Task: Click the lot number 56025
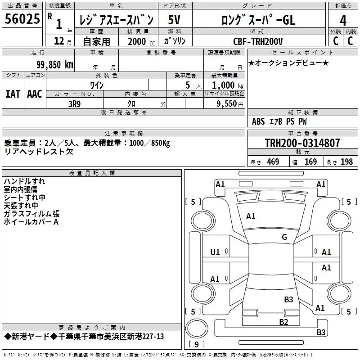22,19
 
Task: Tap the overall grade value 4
343,21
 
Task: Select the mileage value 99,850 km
54,65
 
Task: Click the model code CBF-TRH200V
258,41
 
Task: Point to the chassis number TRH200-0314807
302,143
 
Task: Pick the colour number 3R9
75,104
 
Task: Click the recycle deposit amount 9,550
226,104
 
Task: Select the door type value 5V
174,20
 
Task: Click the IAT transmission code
13,94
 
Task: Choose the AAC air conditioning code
35,94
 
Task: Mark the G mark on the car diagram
284,237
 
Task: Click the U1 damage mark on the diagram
215,252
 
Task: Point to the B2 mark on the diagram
283,322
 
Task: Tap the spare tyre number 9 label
197,344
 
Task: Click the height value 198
346,162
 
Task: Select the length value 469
273,162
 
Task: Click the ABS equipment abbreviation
258,121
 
